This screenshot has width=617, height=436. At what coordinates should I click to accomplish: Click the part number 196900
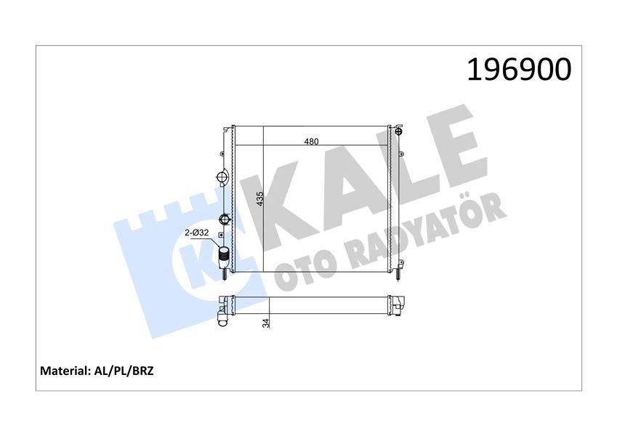pos(518,70)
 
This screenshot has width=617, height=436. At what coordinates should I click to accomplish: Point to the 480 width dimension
pos(312,141)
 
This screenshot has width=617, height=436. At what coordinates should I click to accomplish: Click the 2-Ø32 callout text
pos(197,233)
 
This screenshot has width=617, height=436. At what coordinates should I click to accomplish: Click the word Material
pos(63,371)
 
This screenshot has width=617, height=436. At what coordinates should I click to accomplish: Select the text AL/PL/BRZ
pos(124,371)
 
